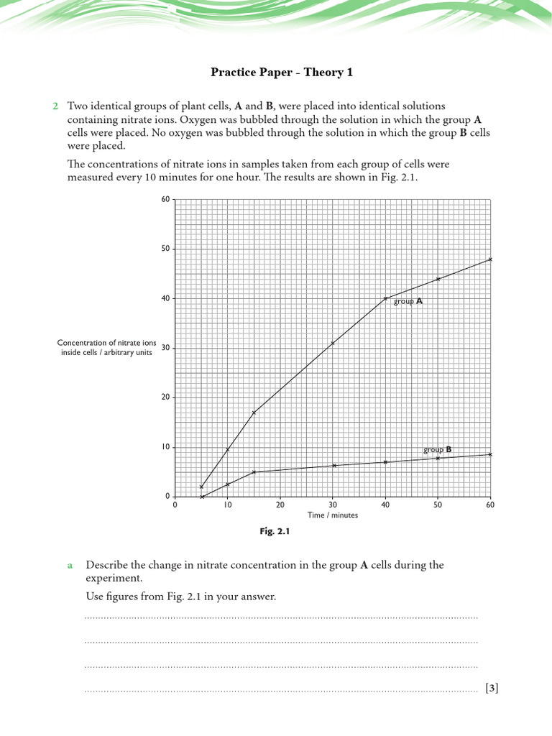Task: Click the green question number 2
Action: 55,106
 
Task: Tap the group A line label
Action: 408,302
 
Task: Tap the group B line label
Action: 437,450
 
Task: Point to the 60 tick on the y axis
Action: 165,200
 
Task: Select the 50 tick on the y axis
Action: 165,249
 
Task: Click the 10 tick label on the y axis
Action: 165,447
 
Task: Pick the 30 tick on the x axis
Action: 333,505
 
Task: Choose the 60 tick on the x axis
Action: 490,505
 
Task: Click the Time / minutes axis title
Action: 333,515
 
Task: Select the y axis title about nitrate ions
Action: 106,348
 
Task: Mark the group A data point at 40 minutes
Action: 385,298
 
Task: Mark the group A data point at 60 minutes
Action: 490,259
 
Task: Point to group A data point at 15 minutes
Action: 254,413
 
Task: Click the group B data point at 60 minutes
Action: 490,454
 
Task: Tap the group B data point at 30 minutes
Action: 333,466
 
